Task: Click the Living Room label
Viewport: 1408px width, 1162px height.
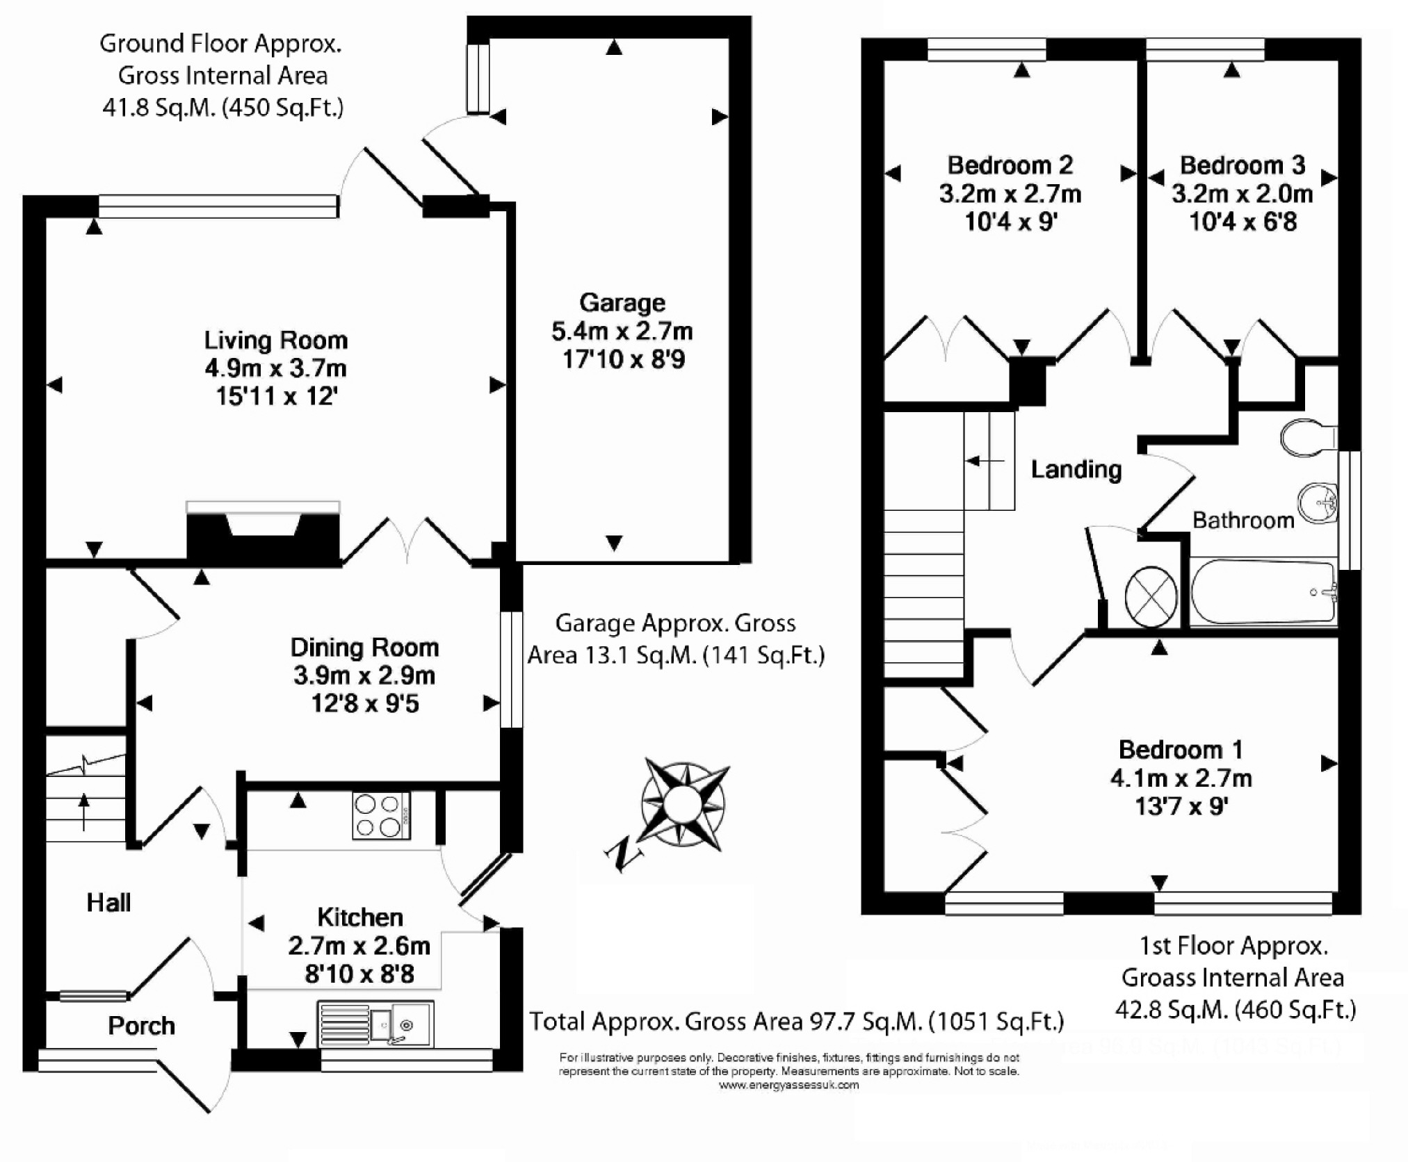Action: click(276, 341)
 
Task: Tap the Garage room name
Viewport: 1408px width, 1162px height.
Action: click(622, 303)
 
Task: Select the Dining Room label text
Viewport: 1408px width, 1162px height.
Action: click(364, 648)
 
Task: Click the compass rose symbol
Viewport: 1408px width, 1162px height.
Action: click(684, 803)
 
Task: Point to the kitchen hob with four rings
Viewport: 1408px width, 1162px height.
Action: click(380, 816)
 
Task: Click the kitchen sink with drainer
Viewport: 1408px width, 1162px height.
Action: click(375, 1024)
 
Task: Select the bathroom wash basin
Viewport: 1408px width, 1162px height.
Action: click(1317, 500)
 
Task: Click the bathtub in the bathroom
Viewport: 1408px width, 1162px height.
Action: click(1263, 593)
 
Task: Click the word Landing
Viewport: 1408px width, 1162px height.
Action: click(1076, 470)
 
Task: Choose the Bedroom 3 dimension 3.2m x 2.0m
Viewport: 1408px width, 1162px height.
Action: click(1242, 194)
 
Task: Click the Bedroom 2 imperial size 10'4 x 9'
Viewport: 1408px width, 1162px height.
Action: click(1010, 222)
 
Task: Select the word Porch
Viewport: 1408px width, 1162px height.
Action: click(141, 1026)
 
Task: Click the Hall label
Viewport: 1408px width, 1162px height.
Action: click(108, 903)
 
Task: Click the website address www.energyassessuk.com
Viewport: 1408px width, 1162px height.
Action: click(788, 1086)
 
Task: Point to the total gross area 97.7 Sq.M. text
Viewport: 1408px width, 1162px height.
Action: click(797, 1021)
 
